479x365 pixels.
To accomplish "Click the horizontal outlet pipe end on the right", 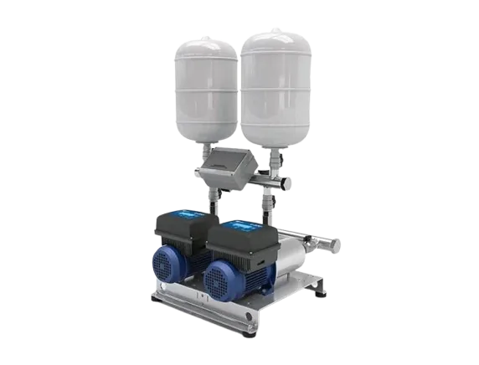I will tap(332, 244).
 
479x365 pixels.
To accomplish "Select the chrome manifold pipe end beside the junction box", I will tap(285, 182).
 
